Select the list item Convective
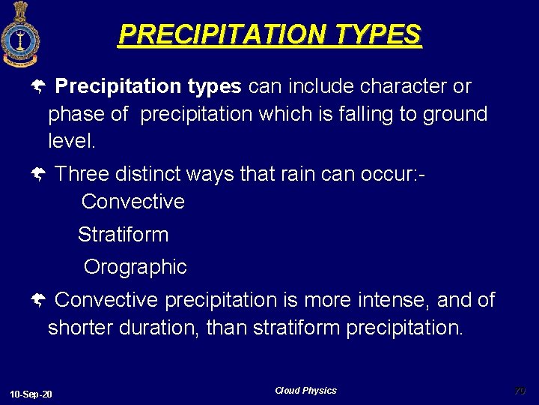tap(133, 202)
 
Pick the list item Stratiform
tap(124, 235)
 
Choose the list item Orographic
tap(135, 267)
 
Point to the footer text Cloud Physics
tap(305, 391)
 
